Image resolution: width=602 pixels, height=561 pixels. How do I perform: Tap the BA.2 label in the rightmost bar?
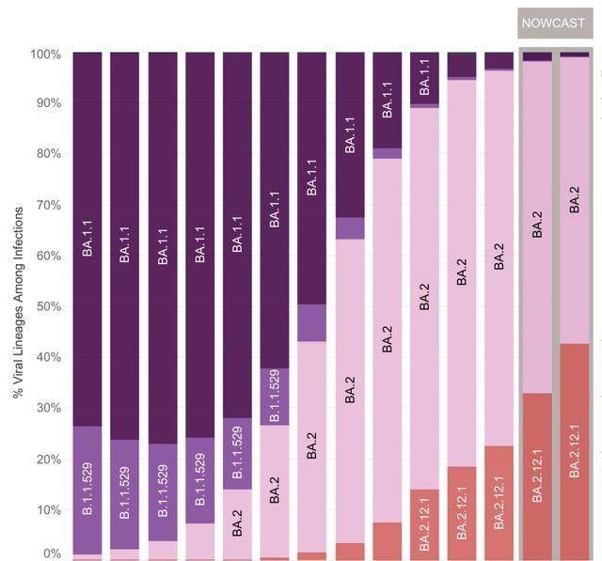tap(575, 200)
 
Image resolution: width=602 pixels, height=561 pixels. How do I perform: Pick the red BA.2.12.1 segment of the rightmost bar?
tap(575, 451)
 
